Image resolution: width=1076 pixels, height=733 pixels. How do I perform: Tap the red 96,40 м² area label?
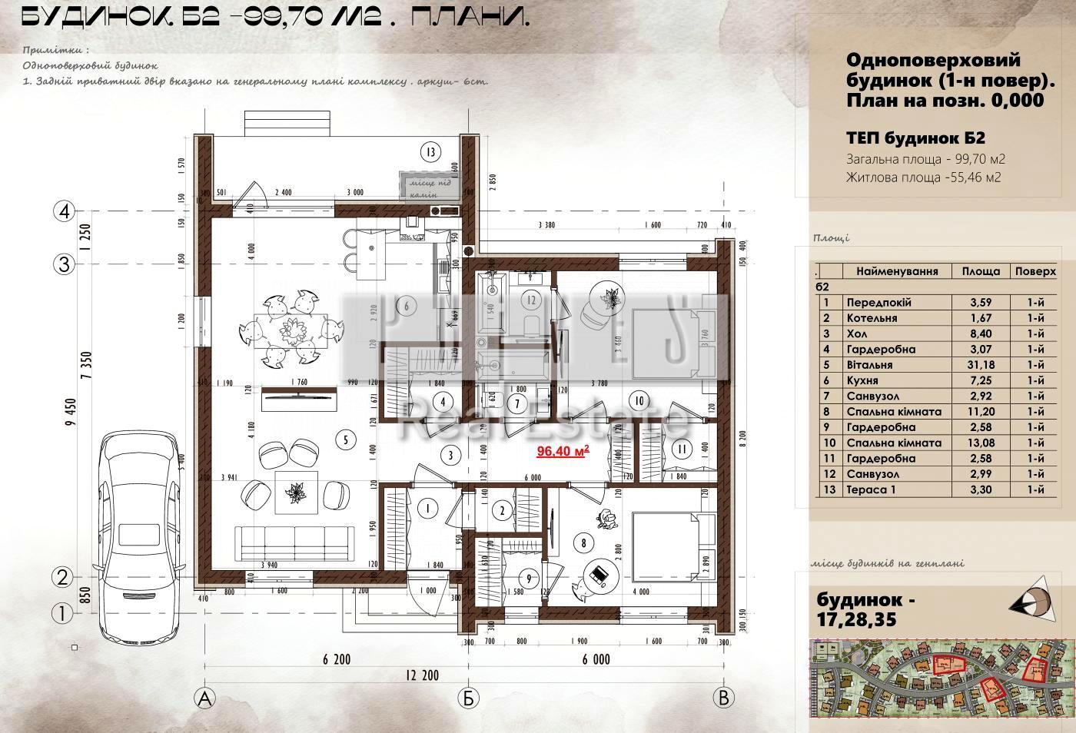563,451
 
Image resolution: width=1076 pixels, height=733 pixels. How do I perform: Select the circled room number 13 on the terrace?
432,151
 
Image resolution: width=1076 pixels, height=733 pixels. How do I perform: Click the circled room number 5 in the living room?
347,439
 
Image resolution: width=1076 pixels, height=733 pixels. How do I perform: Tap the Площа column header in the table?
981,271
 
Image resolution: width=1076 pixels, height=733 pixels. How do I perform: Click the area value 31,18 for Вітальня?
981,365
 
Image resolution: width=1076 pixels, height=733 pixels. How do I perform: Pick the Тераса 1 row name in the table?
871,489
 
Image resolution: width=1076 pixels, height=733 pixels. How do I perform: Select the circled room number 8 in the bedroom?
584,543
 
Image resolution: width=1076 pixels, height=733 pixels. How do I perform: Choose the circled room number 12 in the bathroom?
530,299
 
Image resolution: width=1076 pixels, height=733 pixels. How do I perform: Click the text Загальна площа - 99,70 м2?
925,160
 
